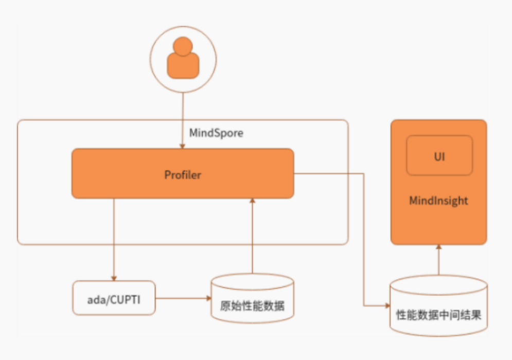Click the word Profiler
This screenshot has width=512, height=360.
[x=183, y=175]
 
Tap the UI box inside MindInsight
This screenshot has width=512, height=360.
[x=439, y=155]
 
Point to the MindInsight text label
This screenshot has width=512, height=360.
[x=438, y=200]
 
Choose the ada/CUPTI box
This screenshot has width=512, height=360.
[x=114, y=298]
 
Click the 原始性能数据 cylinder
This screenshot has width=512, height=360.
[x=252, y=301]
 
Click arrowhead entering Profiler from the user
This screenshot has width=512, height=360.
[x=183, y=146]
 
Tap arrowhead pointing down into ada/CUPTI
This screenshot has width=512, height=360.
[x=114, y=277]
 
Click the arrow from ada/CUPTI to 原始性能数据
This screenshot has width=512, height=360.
[x=183, y=298]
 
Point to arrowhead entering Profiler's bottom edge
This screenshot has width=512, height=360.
[x=252, y=202]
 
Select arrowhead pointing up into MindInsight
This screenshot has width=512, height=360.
[x=438, y=248]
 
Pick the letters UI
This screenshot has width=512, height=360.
[x=439, y=155]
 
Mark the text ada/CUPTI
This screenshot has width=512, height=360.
[x=114, y=298]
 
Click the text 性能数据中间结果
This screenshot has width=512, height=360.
[x=438, y=315]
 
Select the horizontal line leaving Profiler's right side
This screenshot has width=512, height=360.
[x=329, y=174]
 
